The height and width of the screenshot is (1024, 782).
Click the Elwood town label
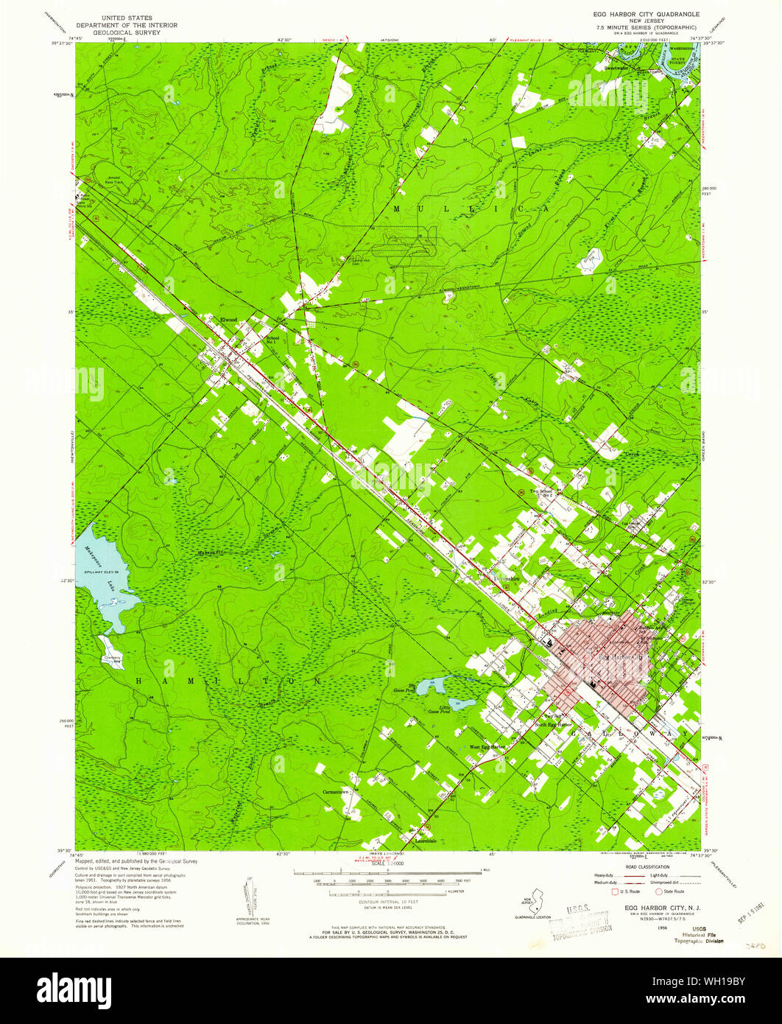[229, 320]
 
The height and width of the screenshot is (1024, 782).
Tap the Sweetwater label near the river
[617, 66]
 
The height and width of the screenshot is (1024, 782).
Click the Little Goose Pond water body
[462, 702]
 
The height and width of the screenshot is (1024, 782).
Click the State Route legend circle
[659, 891]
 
